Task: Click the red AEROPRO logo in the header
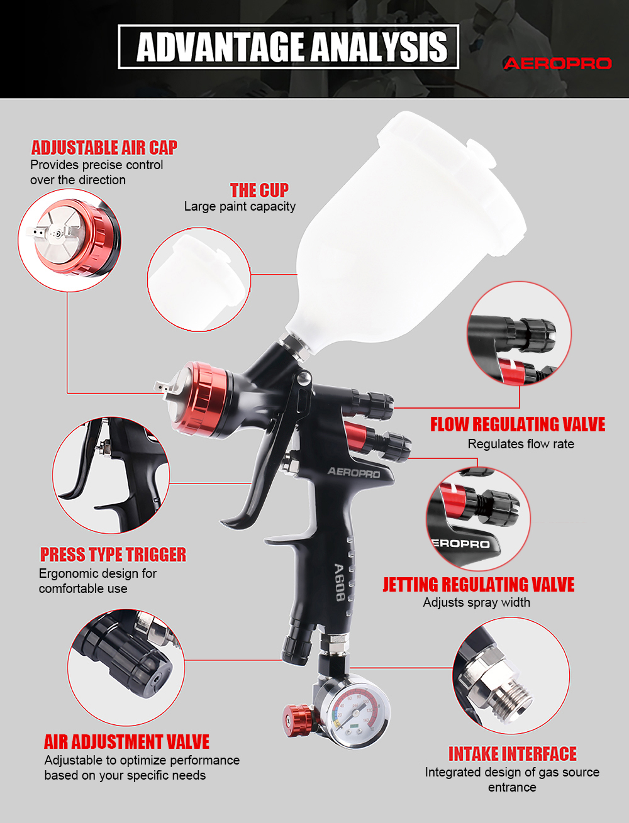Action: tap(557, 64)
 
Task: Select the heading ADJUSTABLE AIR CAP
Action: tap(104, 147)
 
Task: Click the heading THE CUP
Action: tap(260, 190)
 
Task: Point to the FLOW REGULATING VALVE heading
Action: tap(518, 424)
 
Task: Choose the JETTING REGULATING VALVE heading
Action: tap(479, 584)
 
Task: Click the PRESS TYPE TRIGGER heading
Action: tap(113, 554)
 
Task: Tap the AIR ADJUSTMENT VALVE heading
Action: tap(127, 741)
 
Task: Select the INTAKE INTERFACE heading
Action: tap(513, 754)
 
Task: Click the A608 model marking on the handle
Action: tap(340, 582)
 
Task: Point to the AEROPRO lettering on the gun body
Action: tap(353, 472)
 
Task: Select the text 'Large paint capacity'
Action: tap(240, 206)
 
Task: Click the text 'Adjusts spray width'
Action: tap(476, 602)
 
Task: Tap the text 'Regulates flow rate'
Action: tap(521, 444)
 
